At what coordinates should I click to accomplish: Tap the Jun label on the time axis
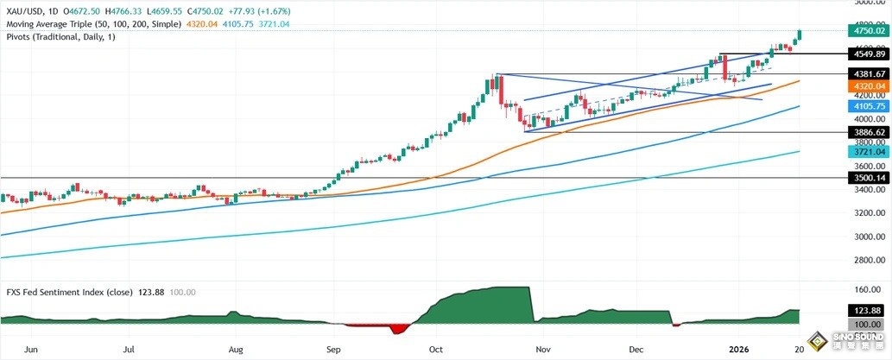pos(32,350)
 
